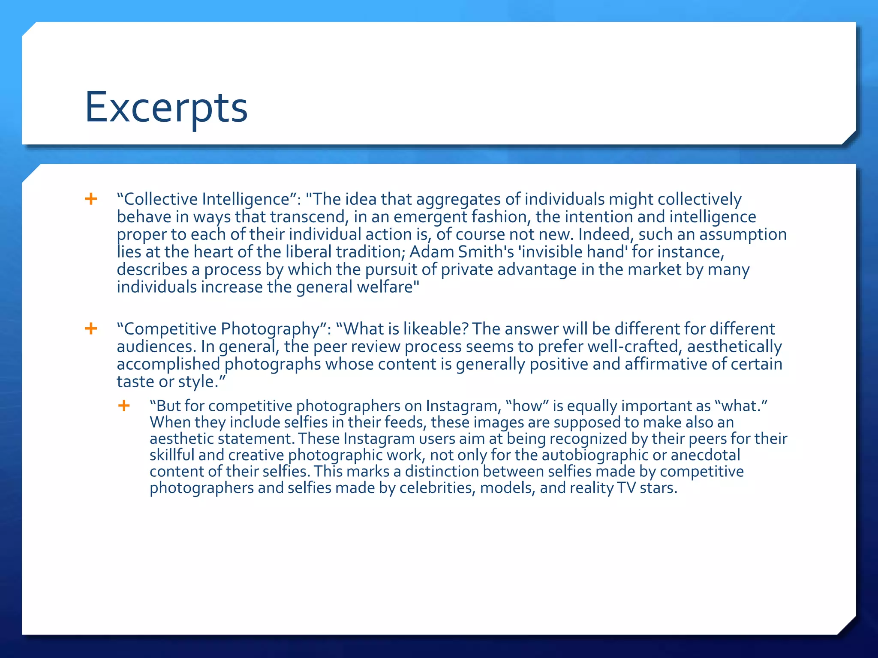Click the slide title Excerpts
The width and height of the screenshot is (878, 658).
tap(166, 108)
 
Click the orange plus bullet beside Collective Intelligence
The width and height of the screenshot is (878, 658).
tap(91, 199)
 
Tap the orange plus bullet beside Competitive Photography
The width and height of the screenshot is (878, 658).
tap(91, 329)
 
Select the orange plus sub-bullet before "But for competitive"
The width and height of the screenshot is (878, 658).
tap(124, 405)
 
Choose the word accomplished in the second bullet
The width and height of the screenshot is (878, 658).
tap(168, 364)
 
